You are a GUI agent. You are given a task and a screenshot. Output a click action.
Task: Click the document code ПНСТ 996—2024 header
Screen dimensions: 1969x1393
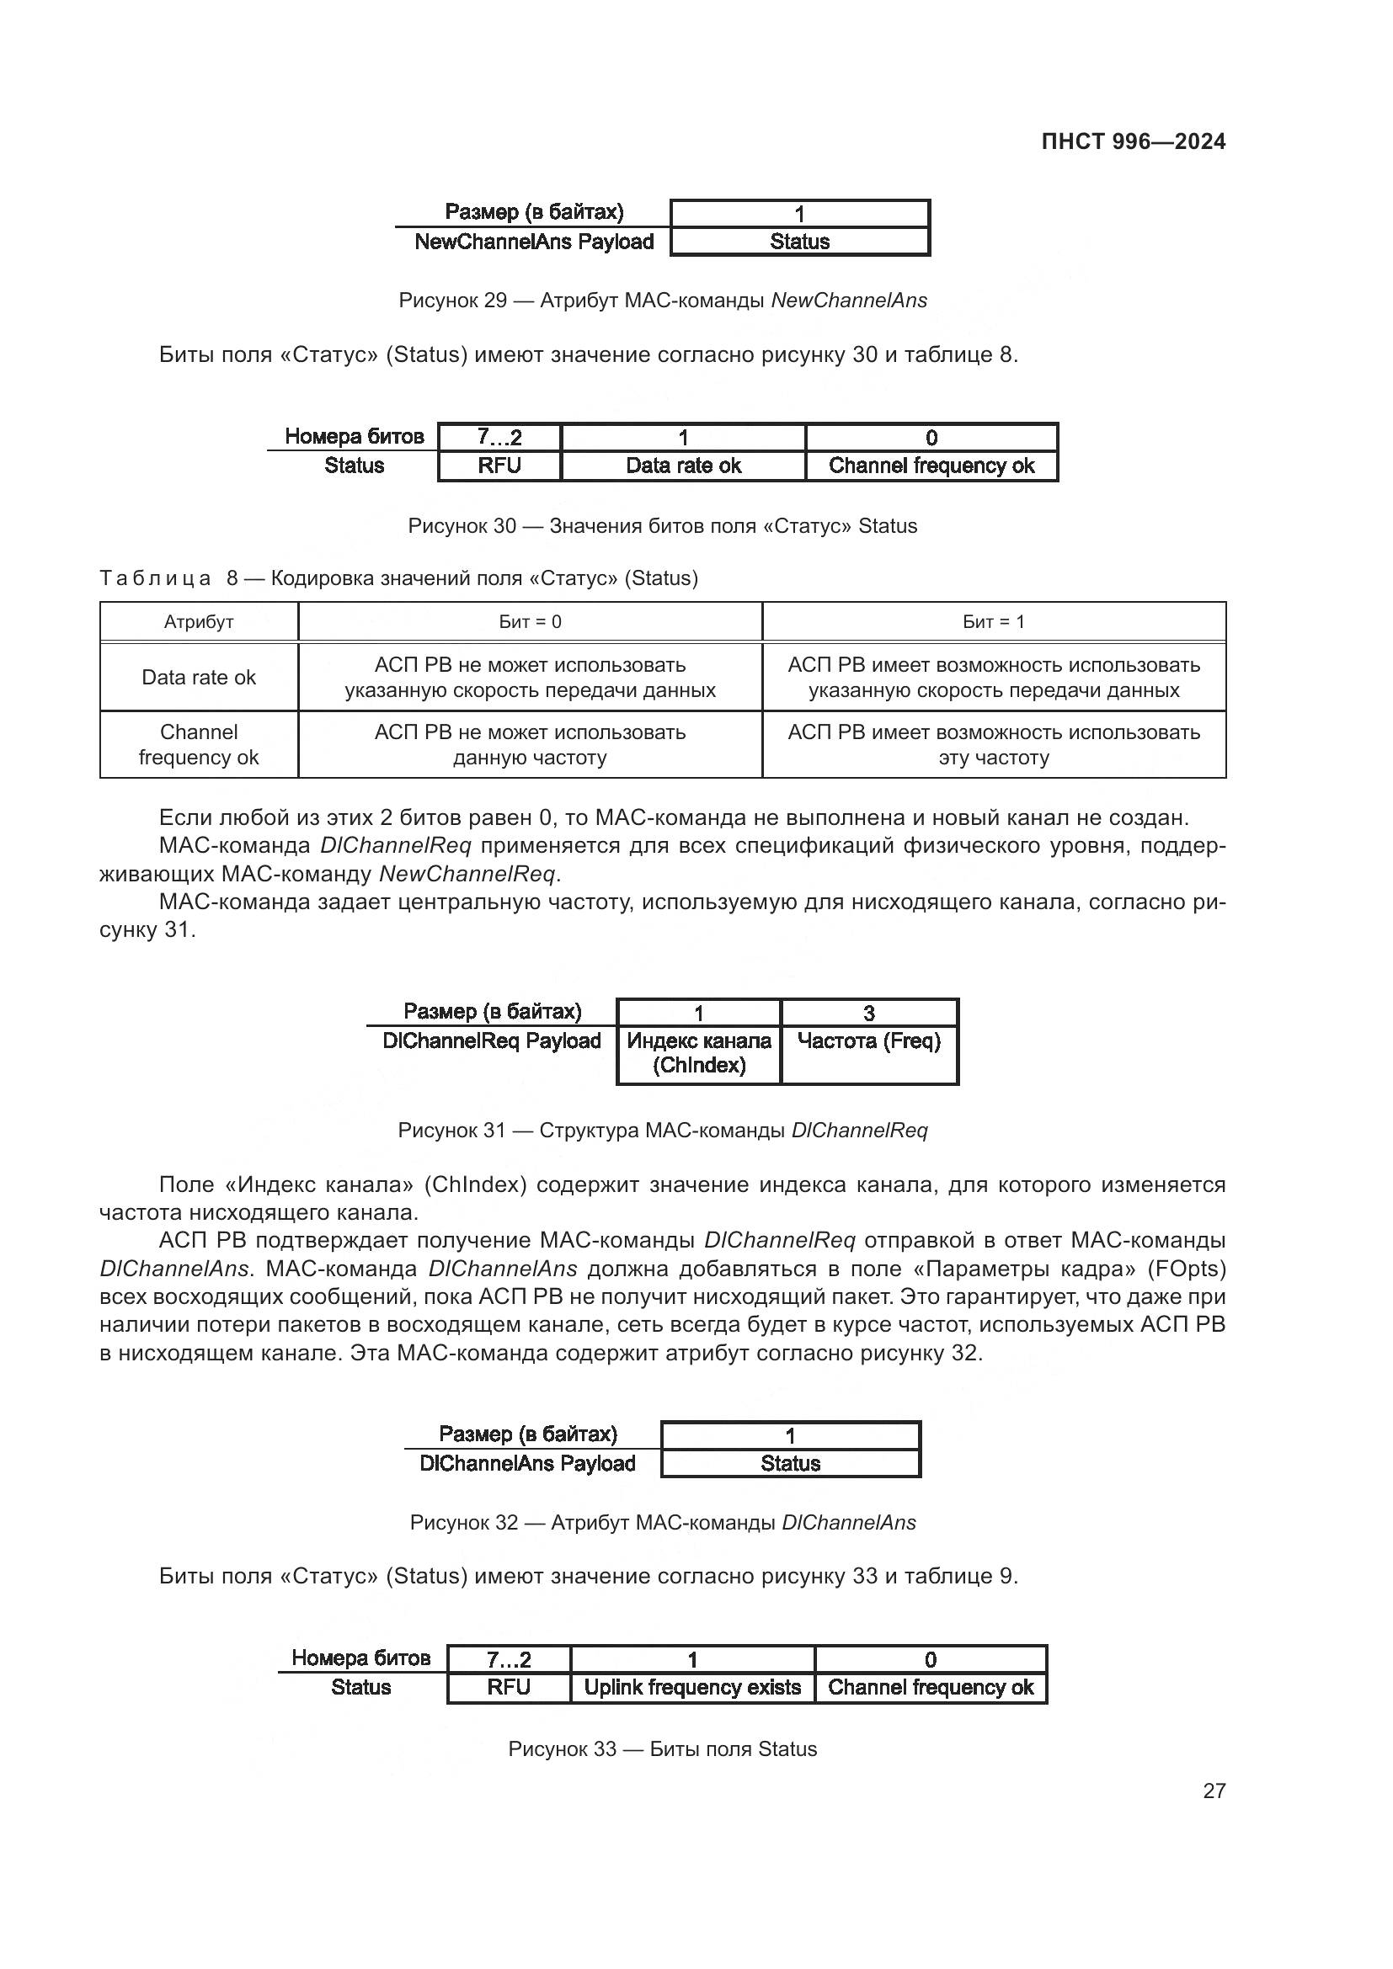1132,141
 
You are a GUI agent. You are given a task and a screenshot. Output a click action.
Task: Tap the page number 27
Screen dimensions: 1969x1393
1214,1791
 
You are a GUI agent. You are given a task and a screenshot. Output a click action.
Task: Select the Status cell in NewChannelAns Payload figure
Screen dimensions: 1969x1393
799,242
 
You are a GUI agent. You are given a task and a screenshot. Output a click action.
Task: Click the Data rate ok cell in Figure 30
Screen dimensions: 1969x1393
683,466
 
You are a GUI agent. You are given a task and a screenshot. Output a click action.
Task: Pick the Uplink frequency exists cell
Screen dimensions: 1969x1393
692,1687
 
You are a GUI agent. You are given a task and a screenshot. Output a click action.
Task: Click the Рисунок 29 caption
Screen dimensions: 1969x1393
662,301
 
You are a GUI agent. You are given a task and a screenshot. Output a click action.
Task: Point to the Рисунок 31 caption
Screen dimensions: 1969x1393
662,1131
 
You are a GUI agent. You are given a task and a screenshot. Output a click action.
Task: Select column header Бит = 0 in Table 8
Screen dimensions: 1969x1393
530,622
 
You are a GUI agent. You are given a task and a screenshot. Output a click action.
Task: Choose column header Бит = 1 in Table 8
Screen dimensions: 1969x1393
993,622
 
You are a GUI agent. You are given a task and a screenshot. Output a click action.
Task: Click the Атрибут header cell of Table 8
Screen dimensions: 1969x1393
199,622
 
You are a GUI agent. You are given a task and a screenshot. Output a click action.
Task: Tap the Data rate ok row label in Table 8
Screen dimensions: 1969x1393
199,678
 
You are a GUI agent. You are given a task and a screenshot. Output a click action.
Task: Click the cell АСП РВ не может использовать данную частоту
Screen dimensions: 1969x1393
530,744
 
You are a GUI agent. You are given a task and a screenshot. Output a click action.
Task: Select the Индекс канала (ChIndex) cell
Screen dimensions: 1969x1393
699,1053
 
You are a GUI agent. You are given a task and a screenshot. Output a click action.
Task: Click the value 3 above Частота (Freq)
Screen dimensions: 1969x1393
869,1014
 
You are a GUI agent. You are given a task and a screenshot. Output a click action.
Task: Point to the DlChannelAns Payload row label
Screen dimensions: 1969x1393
527,1463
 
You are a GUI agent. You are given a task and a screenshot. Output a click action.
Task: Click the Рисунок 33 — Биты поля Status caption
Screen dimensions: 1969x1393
662,1748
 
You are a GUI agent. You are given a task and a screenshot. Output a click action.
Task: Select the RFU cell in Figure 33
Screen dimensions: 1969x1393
509,1687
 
